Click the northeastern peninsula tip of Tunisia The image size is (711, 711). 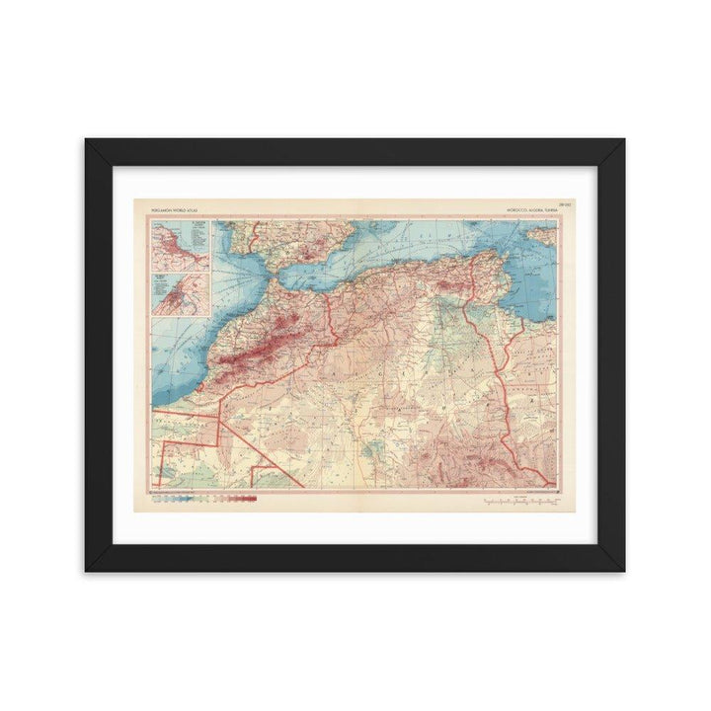point(500,259)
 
